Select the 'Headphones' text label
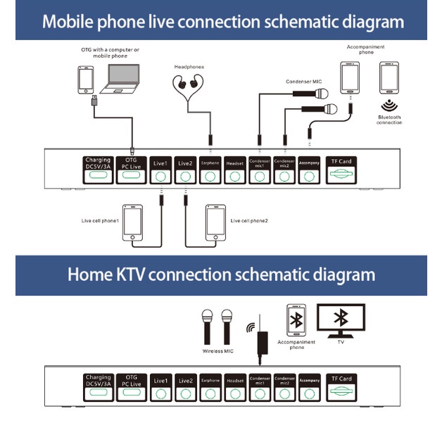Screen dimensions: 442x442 (x=189, y=67)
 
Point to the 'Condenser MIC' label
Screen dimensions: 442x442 (x=304, y=81)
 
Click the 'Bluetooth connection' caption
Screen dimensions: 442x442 (x=389, y=120)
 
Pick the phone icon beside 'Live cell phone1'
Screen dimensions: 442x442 (x=132, y=222)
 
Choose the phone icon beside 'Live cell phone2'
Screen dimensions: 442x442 (x=215, y=222)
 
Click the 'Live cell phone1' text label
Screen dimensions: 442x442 (x=99, y=221)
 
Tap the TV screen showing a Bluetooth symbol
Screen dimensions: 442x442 (x=341, y=321)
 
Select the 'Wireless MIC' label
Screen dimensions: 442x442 (x=217, y=351)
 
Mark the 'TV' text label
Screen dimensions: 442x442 (x=341, y=342)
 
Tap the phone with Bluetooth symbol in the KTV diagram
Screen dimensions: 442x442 (x=296, y=321)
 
